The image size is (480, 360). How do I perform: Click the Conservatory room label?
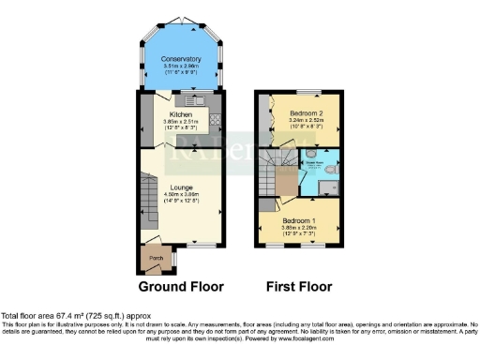tap(180, 58)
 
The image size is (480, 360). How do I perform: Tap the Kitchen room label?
tap(180, 114)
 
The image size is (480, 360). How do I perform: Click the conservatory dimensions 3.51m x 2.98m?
tap(180, 66)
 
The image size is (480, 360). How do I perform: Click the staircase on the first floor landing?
tap(279, 173)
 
